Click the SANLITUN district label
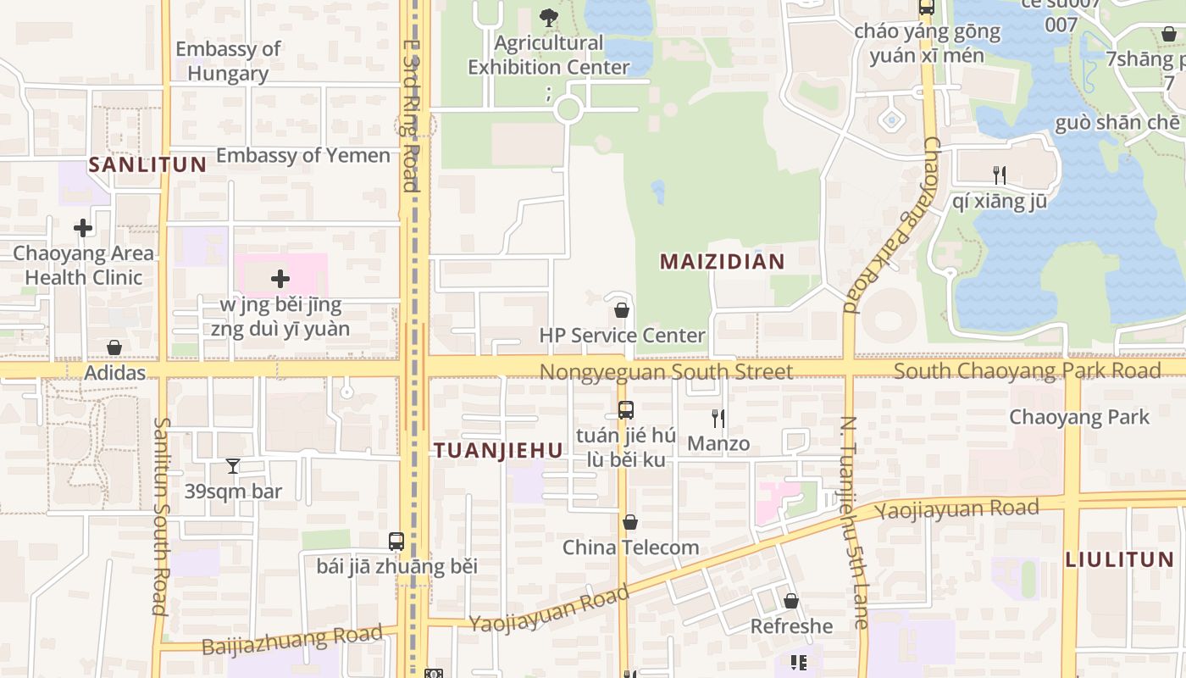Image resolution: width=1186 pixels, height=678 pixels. tap(147, 164)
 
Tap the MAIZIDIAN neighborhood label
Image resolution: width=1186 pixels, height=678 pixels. tap(723, 262)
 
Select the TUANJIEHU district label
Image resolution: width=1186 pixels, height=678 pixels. tap(498, 451)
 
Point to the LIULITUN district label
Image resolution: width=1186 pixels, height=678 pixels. tap(1119, 559)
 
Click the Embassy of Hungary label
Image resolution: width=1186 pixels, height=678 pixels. tap(228, 61)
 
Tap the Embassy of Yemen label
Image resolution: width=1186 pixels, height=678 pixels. tap(303, 155)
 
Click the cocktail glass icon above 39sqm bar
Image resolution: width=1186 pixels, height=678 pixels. tap(233, 466)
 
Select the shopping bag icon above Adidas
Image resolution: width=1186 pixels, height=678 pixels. tap(114, 347)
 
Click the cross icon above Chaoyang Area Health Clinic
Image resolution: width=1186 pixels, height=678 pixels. tap(83, 228)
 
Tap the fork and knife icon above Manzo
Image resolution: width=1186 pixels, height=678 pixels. tap(718, 418)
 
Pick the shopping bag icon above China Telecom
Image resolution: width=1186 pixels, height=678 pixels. tap(630, 522)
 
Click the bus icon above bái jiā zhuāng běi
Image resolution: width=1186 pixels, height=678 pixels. tap(396, 541)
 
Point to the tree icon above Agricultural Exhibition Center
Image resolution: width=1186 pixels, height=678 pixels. tap(549, 16)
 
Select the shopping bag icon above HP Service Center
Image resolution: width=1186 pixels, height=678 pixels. tap(622, 310)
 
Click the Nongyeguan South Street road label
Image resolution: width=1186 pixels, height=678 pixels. tap(666, 372)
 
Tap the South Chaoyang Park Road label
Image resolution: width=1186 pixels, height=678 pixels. tap(1027, 370)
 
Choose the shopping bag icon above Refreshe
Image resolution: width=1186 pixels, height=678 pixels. tap(791, 601)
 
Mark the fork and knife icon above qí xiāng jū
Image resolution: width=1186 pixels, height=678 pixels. tap(1000, 175)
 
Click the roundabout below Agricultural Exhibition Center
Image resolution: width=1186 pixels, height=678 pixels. tap(568, 109)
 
